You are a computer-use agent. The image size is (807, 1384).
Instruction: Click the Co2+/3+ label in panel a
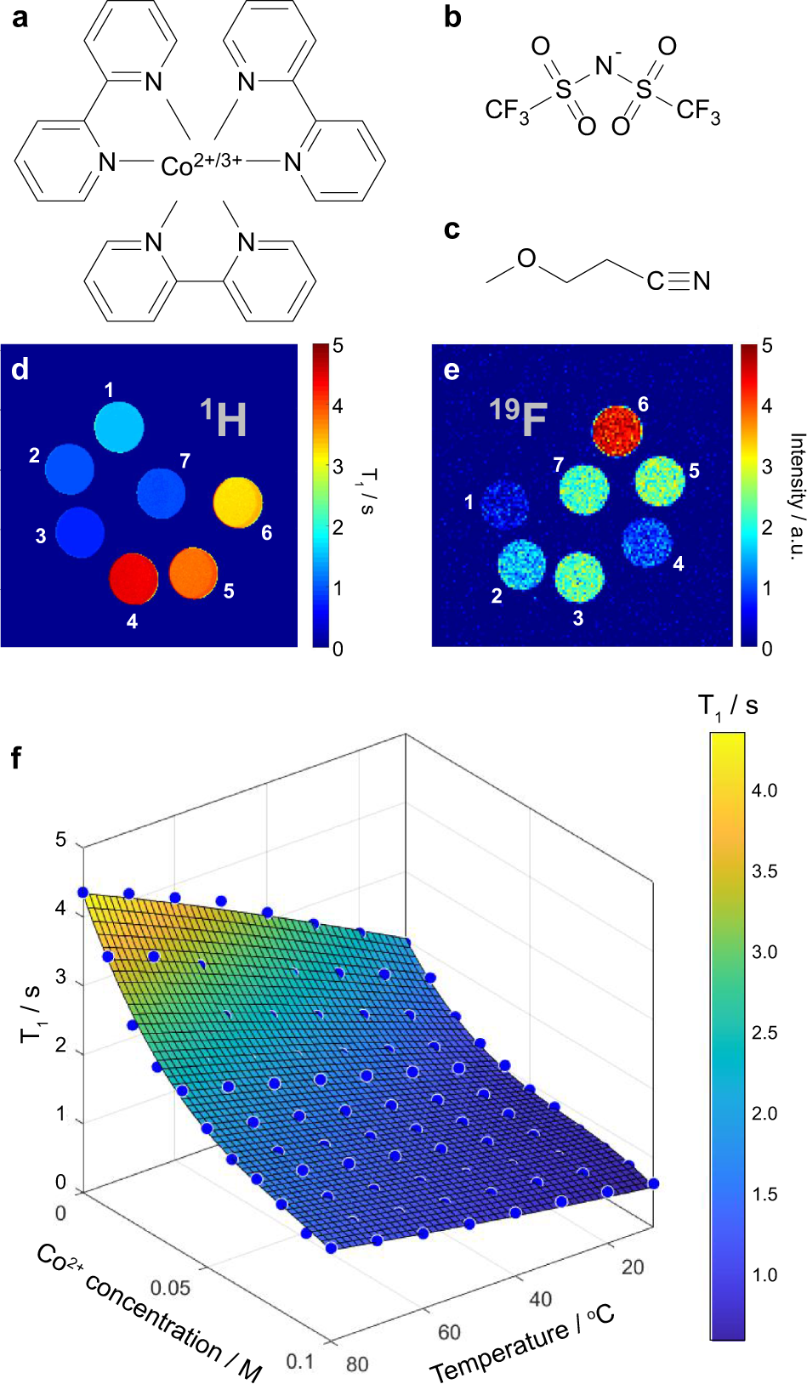pyautogui.click(x=202, y=163)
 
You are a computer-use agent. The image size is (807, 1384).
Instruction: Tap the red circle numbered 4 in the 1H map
pyautogui.click(x=134, y=578)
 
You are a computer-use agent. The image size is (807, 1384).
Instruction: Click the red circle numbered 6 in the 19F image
pyautogui.click(x=617, y=429)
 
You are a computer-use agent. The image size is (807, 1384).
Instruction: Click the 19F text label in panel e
pyautogui.click(x=518, y=416)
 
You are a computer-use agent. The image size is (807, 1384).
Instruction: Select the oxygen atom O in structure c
pyautogui.click(x=526, y=258)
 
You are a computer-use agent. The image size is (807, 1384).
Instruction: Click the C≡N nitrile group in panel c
pyautogui.click(x=678, y=281)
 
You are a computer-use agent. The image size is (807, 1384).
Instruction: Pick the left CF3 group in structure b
pyautogui.click(x=507, y=111)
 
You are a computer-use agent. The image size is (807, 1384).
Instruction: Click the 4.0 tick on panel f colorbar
pyautogui.click(x=764, y=791)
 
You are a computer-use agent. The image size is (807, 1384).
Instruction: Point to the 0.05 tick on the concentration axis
pyautogui.click(x=171, y=1287)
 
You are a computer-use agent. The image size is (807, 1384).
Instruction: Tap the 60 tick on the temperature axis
pyautogui.click(x=449, y=1332)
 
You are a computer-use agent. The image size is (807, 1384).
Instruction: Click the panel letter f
pyautogui.click(x=17, y=757)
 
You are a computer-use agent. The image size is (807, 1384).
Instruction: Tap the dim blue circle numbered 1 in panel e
pyautogui.click(x=505, y=503)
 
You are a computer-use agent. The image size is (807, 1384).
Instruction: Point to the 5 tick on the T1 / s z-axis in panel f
pyautogui.click(x=60, y=840)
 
